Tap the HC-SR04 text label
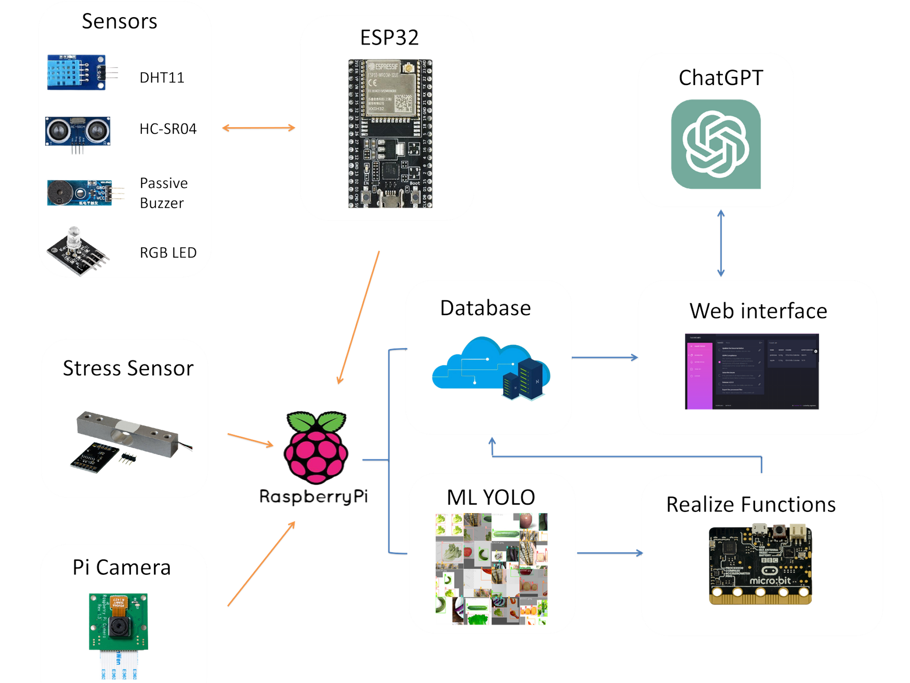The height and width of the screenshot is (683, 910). (x=168, y=129)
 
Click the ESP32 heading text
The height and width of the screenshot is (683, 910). (x=389, y=38)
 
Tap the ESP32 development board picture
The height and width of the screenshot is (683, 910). (x=390, y=134)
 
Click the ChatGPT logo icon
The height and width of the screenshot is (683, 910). (x=716, y=144)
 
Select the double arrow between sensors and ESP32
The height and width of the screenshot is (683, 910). (x=258, y=129)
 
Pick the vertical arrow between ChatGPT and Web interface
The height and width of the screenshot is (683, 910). (x=721, y=243)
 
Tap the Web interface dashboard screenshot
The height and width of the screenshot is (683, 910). (x=751, y=372)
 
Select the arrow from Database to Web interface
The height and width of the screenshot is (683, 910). (x=604, y=358)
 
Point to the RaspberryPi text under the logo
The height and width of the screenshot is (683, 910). (x=313, y=497)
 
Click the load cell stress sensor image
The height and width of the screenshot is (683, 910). (x=129, y=441)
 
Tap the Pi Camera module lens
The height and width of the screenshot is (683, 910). (x=119, y=626)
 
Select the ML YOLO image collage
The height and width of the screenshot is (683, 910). (x=491, y=569)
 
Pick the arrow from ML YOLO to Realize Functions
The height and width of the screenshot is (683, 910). (x=609, y=553)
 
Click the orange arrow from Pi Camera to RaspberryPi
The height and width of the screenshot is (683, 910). (x=261, y=564)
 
